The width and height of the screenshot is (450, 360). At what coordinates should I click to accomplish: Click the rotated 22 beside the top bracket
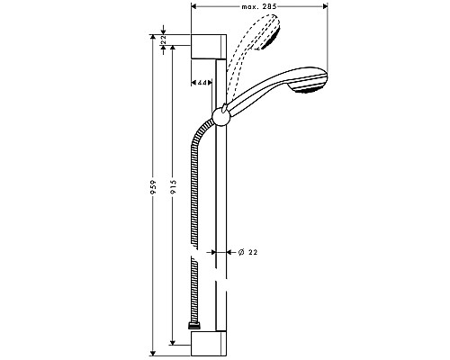coord(163,41)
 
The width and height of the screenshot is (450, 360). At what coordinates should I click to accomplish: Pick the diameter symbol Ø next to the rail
coord(240,254)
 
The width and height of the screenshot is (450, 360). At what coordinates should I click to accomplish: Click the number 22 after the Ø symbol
coord(254,254)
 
